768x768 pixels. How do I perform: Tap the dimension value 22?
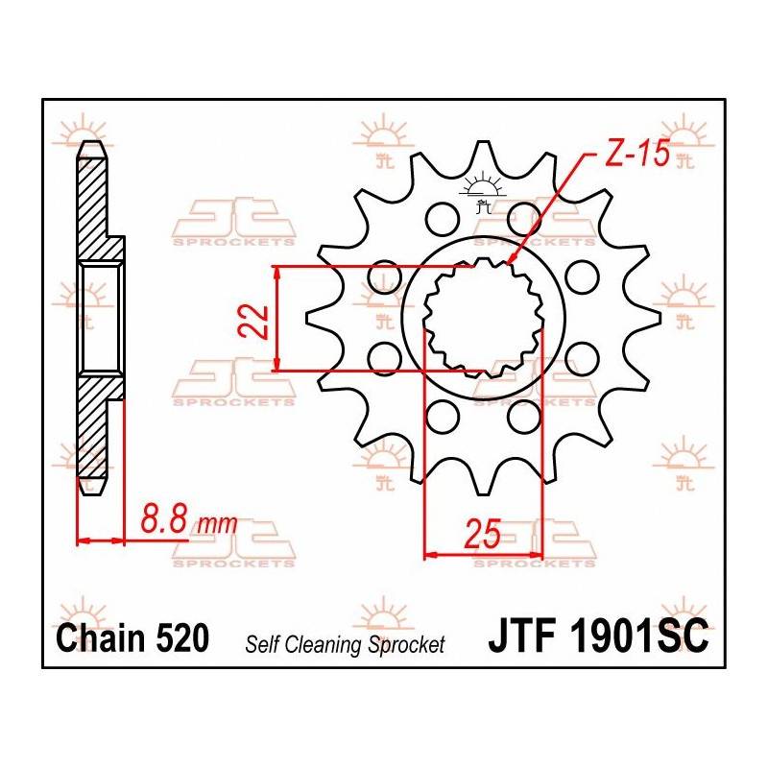[x=252, y=320]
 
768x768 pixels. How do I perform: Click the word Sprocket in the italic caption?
[x=407, y=644]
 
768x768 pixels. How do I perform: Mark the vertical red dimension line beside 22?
[x=276, y=318]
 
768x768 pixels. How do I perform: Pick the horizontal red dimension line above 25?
[x=483, y=554]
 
